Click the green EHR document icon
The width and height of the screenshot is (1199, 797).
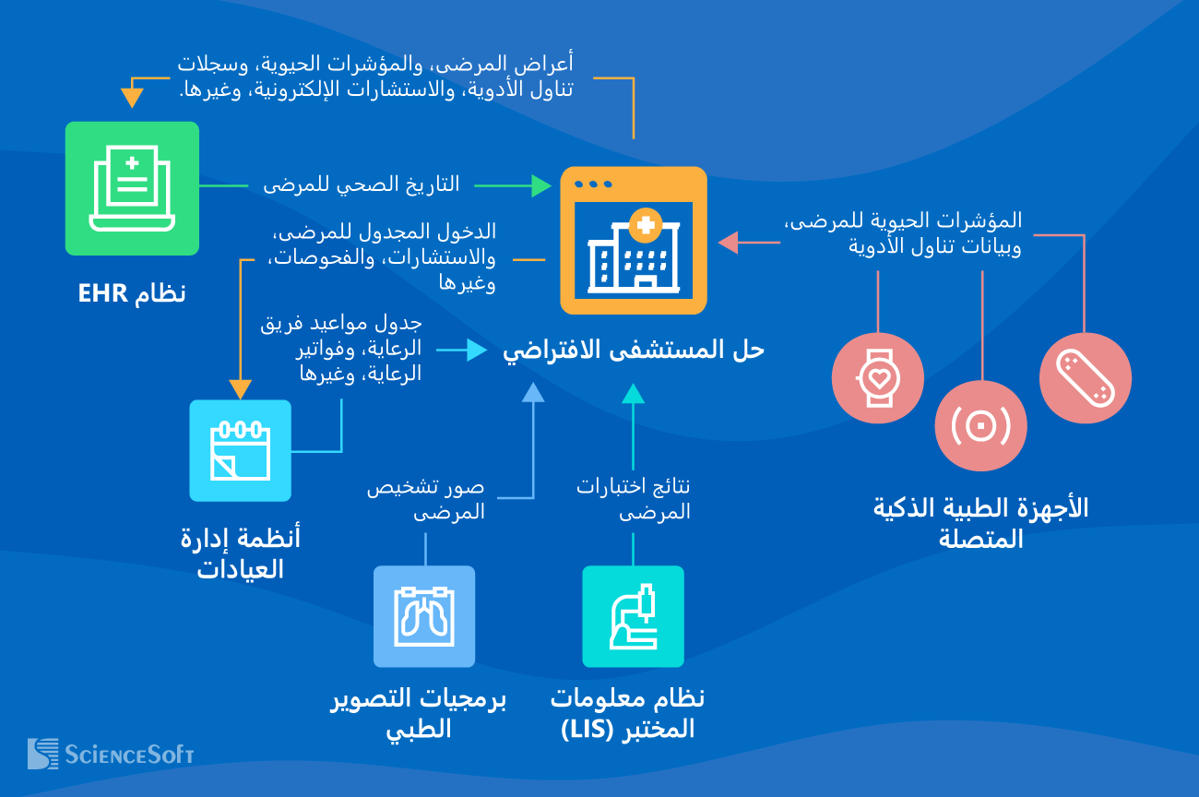pos(132,188)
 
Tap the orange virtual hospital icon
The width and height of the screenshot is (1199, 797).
pos(634,240)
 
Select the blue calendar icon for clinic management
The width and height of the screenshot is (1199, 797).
pos(240,450)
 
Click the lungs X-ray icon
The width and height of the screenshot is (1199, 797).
pos(424,616)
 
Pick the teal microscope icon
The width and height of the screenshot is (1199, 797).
pos(633,616)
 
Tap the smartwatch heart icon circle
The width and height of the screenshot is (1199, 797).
pos(877,379)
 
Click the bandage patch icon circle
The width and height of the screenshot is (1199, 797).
pos(1085,378)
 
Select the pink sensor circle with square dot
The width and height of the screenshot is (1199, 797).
pos(981,425)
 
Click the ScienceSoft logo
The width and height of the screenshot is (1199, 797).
pos(111,754)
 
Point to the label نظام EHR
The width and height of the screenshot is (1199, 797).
pos(132,294)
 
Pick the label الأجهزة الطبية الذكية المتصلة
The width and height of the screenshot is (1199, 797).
pos(981,522)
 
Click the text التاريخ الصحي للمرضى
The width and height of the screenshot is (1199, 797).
pos(362,184)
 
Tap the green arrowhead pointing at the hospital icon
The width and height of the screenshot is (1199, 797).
pos(540,185)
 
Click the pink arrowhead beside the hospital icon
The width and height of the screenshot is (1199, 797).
pos(729,243)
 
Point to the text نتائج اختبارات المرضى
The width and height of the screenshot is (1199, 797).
pos(634,498)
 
